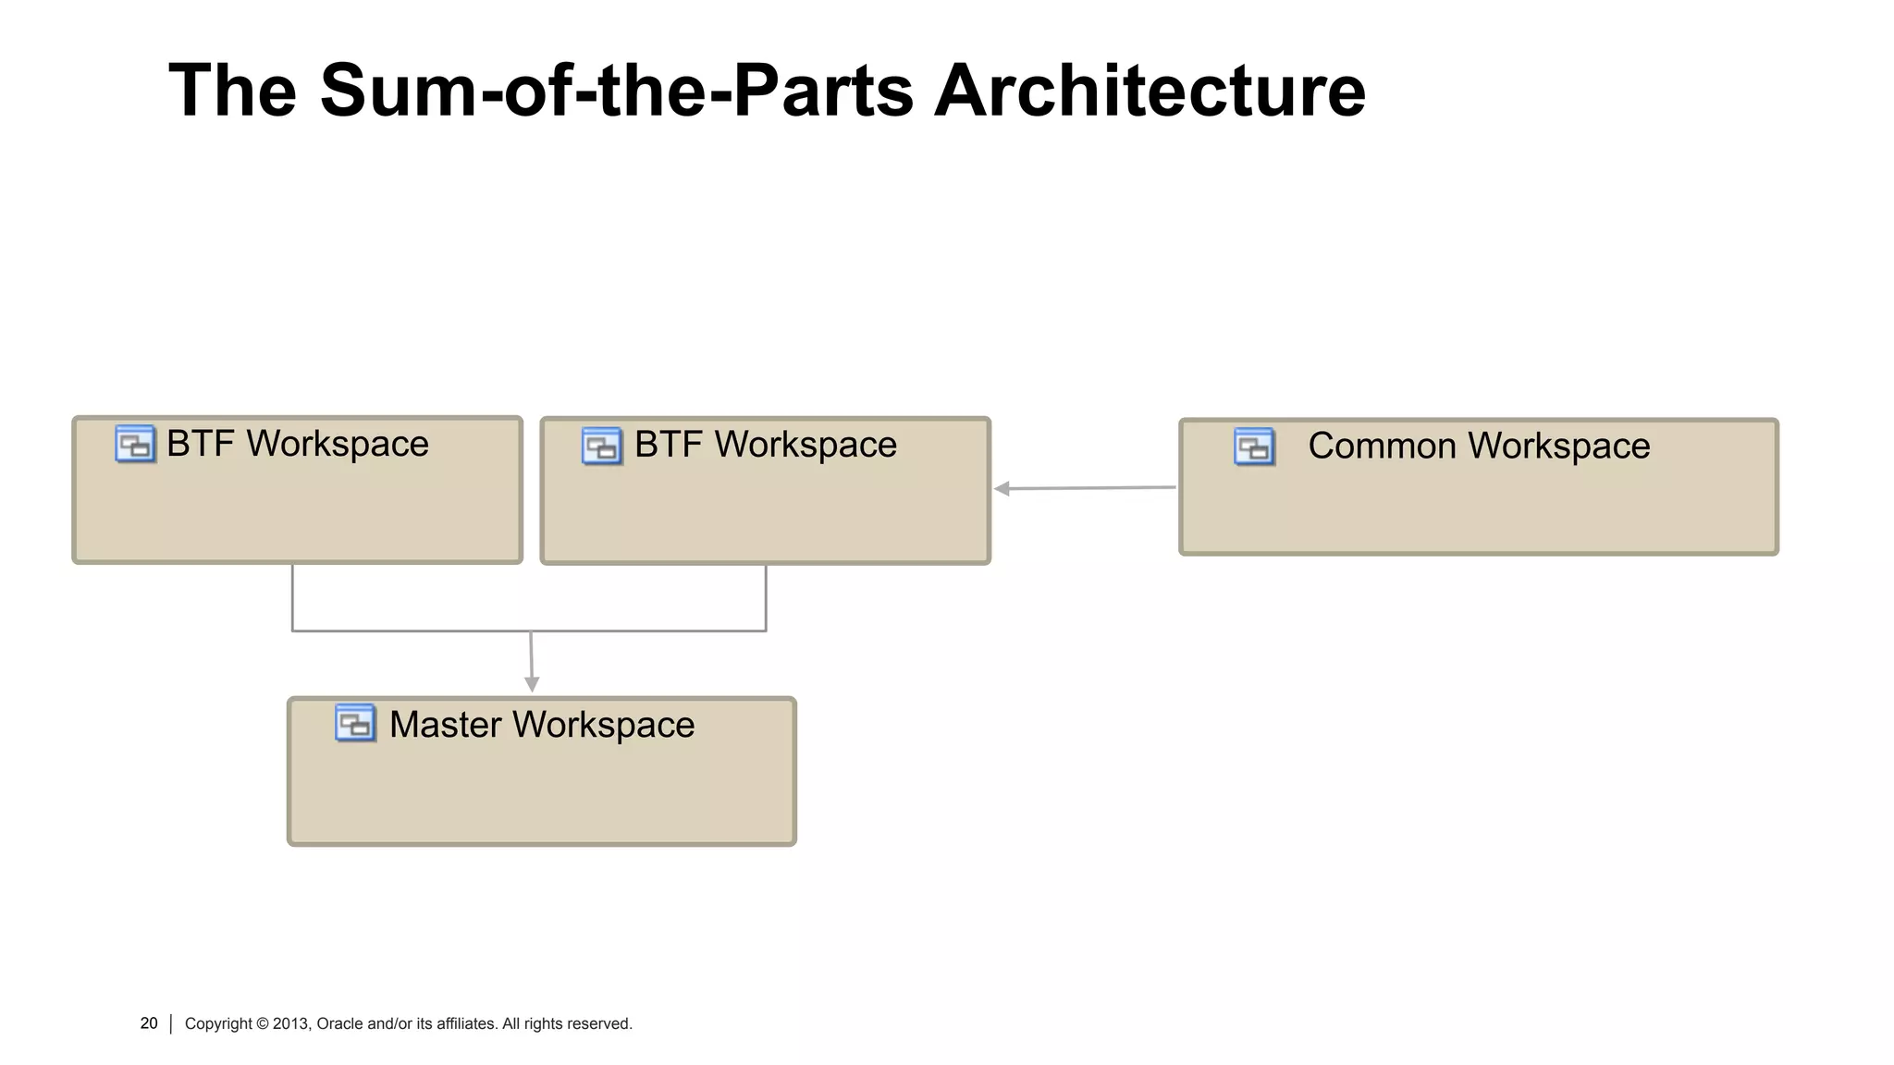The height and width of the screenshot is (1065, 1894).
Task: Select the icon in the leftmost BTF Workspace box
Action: point(135,444)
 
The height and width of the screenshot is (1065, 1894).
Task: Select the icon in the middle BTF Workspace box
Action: point(602,446)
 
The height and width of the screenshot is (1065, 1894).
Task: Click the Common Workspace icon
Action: point(1255,447)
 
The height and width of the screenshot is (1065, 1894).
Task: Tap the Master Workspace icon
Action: point(355,723)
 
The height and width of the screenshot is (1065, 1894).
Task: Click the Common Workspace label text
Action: point(1478,446)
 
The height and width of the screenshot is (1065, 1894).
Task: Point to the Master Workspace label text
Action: point(541,724)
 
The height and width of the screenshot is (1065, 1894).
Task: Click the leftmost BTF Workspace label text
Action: point(297,444)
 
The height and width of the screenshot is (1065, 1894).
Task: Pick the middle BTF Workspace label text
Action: point(765,445)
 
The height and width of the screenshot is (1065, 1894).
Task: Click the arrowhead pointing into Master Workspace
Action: point(532,684)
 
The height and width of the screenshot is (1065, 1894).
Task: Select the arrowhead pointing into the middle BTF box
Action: point(1002,488)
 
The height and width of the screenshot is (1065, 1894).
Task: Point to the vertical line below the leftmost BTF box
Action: point(292,596)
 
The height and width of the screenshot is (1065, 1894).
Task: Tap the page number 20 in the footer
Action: point(149,1023)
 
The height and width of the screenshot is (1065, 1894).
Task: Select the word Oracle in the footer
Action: point(339,1023)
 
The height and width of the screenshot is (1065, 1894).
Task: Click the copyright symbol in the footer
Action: point(263,1023)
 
